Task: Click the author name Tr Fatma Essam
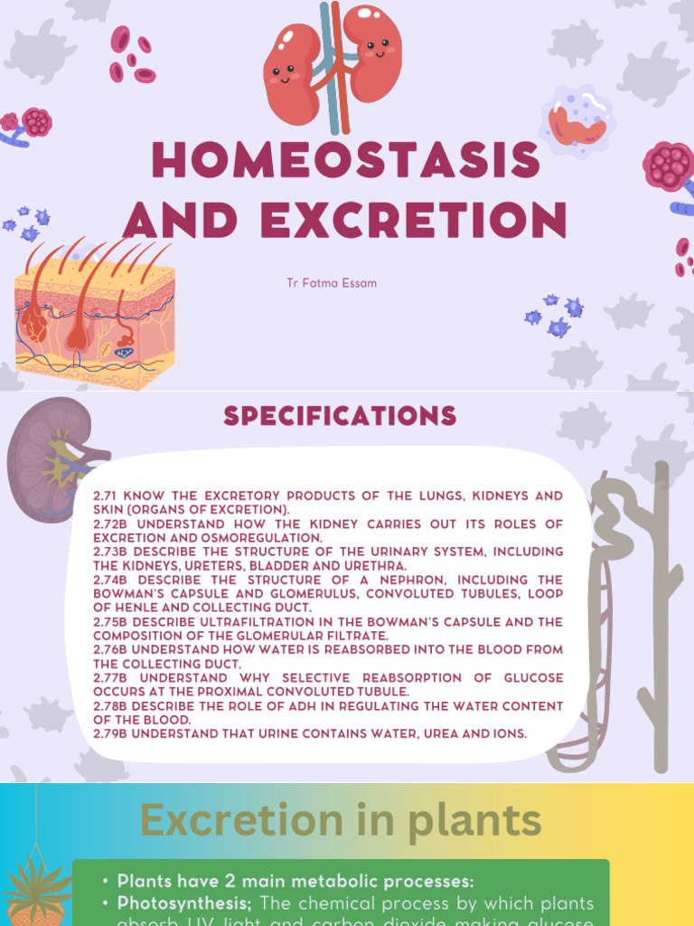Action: point(332,283)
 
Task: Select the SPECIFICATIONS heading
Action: point(340,416)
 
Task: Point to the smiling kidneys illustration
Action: point(332,66)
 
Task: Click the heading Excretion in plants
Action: point(341,821)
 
